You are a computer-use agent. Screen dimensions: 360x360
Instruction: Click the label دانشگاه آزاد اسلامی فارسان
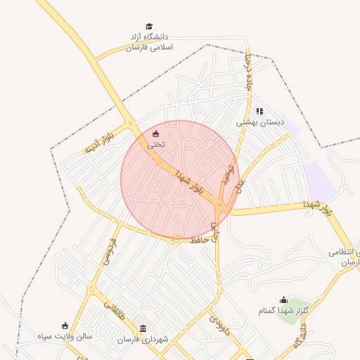coord(149,41)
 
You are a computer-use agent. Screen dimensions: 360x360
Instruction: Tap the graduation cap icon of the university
coord(148,27)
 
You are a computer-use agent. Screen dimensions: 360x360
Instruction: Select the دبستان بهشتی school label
coord(259,122)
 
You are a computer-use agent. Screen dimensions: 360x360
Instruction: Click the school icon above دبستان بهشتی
coord(259,111)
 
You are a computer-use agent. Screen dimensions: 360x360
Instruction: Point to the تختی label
coord(155,143)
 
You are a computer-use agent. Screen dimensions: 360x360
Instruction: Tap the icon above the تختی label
coord(155,134)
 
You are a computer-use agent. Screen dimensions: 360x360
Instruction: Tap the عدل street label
coord(240,185)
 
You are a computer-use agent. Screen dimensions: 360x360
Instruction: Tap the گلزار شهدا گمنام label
coord(283,311)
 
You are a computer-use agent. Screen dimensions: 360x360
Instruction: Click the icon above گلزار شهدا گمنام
coord(283,300)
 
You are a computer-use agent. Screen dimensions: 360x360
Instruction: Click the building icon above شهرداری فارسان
coord(143,328)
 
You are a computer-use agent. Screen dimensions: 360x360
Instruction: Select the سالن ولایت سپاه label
coord(65,336)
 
